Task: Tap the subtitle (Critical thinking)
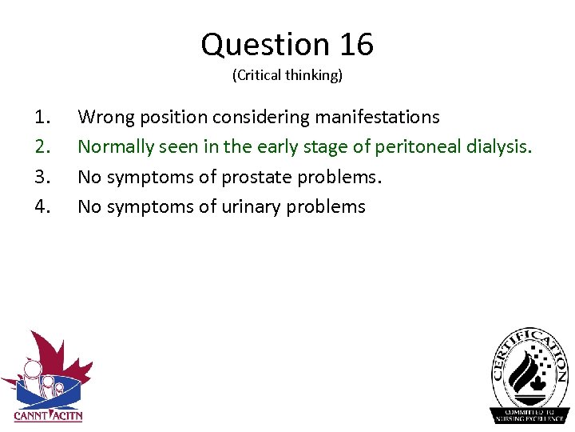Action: coord(287,76)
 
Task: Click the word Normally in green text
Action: coord(115,147)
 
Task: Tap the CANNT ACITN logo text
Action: coord(48,415)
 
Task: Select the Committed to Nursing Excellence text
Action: coord(529,414)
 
